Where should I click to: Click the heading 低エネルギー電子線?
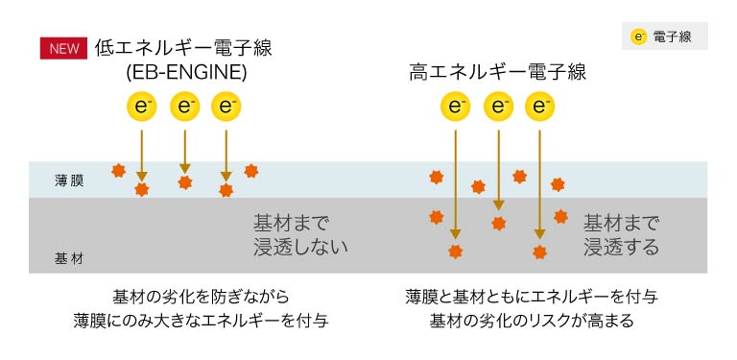(x=184, y=48)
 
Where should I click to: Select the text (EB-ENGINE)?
(x=186, y=72)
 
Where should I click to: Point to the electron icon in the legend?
(x=638, y=37)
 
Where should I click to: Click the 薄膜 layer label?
(x=69, y=180)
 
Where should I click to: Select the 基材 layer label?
(x=69, y=258)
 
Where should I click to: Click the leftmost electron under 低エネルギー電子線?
(x=141, y=107)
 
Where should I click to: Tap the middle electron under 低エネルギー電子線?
(x=184, y=107)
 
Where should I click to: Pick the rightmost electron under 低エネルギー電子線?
(x=226, y=107)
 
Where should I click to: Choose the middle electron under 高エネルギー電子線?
(x=498, y=107)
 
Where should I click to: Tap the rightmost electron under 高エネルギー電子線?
(x=540, y=107)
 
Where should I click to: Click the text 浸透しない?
(x=300, y=247)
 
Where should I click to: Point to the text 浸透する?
(x=622, y=247)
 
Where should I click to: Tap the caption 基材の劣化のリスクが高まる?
(x=532, y=321)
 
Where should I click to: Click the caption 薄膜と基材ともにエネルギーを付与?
(x=532, y=296)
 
